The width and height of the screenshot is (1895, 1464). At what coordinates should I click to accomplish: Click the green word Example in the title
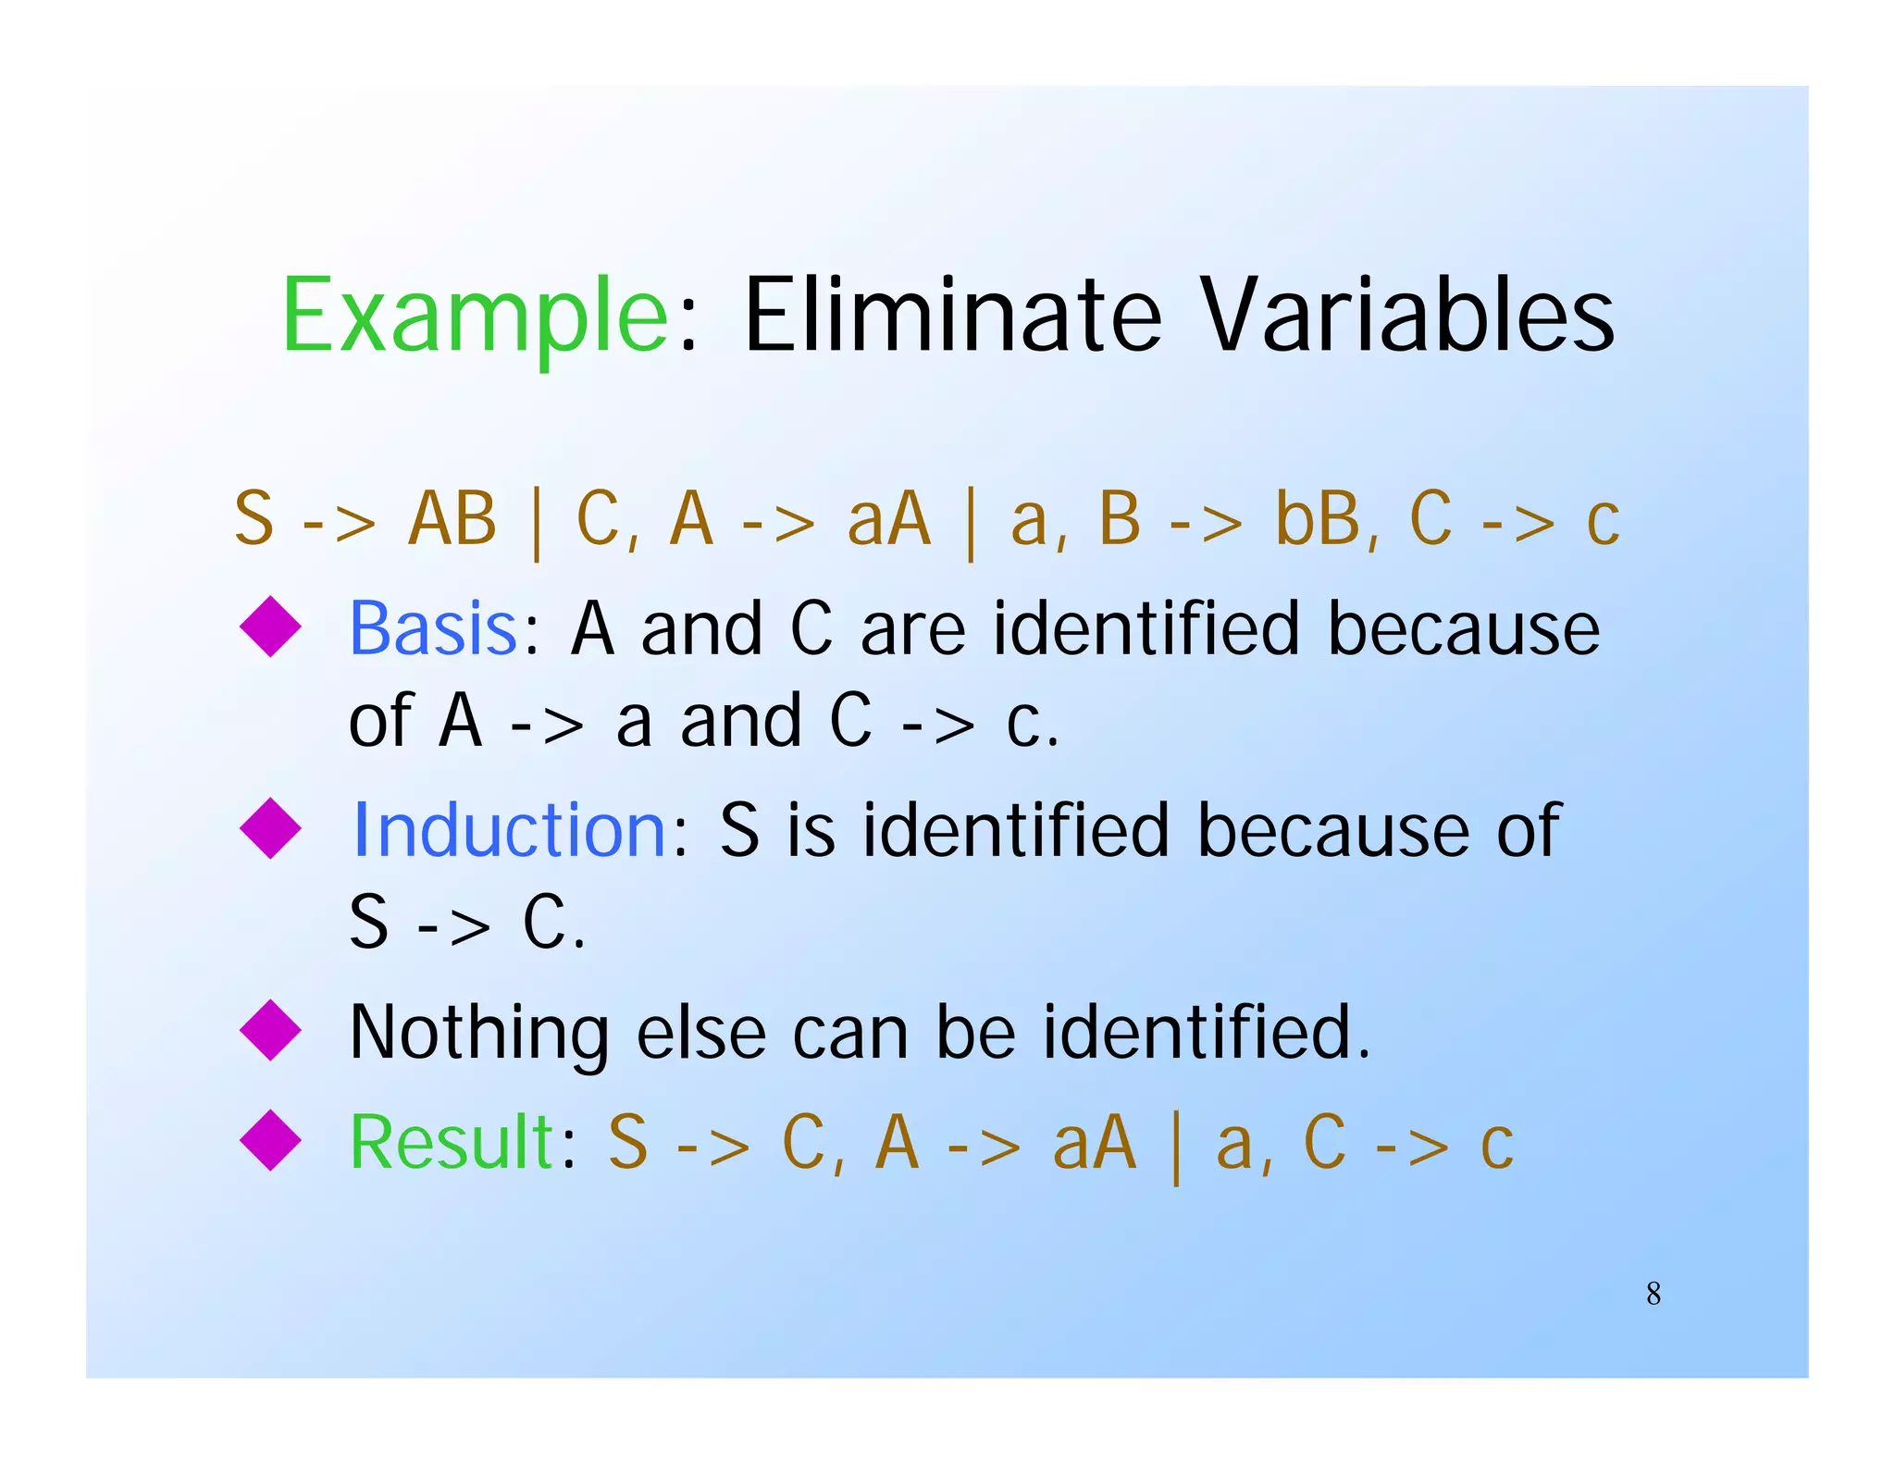coord(474,316)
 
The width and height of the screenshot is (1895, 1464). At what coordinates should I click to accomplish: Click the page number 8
coord(1653,1293)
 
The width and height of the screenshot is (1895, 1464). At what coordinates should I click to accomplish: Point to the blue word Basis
coord(433,628)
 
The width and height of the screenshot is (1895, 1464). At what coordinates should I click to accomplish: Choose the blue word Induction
coord(509,829)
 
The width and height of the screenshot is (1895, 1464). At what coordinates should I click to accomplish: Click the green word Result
coord(452,1142)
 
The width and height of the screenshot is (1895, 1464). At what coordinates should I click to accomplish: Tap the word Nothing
coord(478,1032)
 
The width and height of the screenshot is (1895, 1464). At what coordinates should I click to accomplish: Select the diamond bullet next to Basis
coord(270,627)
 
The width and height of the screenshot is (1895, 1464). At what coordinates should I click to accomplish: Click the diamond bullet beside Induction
coord(270,827)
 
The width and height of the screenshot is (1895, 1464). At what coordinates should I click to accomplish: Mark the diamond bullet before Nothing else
coord(270,1029)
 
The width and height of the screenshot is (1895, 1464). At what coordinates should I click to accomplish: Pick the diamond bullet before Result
coord(270,1139)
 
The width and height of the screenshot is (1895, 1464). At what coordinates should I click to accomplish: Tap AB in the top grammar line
coord(452,518)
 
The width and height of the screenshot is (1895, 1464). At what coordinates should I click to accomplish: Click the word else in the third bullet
coord(700,1032)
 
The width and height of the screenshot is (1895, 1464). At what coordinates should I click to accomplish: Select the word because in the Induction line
coord(1332,829)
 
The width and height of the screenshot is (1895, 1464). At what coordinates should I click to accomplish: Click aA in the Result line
coord(1094,1142)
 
